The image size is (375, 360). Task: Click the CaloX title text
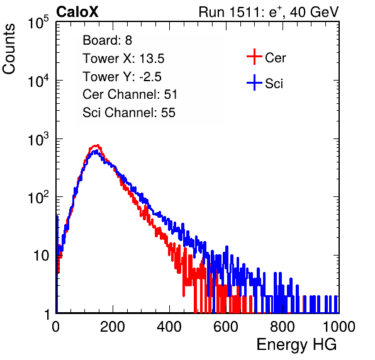click(x=77, y=12)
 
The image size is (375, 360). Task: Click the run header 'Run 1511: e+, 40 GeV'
click(x=269, y=12)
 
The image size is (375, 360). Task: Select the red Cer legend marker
click(x=254, y=57)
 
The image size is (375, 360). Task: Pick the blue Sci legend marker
click(x=254, y=82)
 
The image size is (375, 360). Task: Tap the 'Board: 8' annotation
click(x=107, y=40)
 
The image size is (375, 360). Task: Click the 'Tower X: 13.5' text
click(x=123, y=59)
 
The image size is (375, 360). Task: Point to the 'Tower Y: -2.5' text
click(x=122, y=77)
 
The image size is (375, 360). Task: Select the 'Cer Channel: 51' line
click(x=130, y=94)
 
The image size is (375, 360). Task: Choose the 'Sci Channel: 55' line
click(x=129, y=113)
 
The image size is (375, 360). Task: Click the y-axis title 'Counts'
click(x=9, y=49)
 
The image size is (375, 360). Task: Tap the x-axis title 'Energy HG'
click(x=296, y=345)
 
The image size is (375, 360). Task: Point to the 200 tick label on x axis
click(x=113, y=327)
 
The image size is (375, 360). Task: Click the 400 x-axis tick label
click(x=169, y=327)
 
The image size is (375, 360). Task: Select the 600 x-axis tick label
click(x=226, y=327)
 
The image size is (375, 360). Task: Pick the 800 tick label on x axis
click(x=283, y=327)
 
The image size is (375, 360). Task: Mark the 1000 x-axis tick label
click(x=339, y=327)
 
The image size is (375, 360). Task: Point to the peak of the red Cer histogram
click(x=96, y=145)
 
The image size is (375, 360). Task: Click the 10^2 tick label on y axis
click(x=38, y=197)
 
